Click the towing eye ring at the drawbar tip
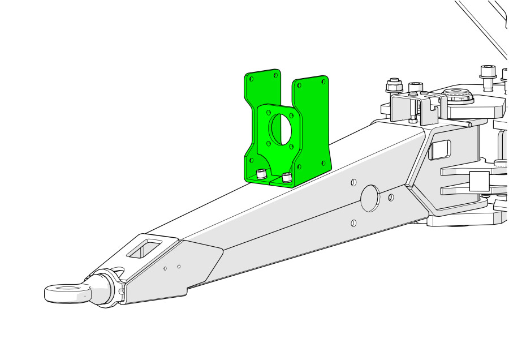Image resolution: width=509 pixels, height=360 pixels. click(63, 293)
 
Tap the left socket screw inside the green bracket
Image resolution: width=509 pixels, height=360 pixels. click(261, 174)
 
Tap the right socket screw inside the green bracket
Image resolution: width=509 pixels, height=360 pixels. click(287, 178)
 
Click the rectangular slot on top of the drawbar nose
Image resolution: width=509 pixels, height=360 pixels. click(145, 247)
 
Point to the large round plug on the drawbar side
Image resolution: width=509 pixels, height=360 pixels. click(370, 198)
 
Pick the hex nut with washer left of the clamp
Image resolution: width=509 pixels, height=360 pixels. click(394, 85)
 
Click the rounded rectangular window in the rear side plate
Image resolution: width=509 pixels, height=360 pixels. click(439, 149)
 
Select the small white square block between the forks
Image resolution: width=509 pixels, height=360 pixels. click(478, 182)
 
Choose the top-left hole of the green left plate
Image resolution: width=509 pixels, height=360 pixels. click(252, 79)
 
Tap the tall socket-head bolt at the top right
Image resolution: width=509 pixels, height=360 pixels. click(488, 76)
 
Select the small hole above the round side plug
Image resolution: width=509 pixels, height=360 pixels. click(353, 182)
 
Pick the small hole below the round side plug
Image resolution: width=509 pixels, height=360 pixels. click(353, 223)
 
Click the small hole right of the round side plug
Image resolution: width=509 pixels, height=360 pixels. click(391, 197)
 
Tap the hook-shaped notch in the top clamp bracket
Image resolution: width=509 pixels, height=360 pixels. click(434, 104)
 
